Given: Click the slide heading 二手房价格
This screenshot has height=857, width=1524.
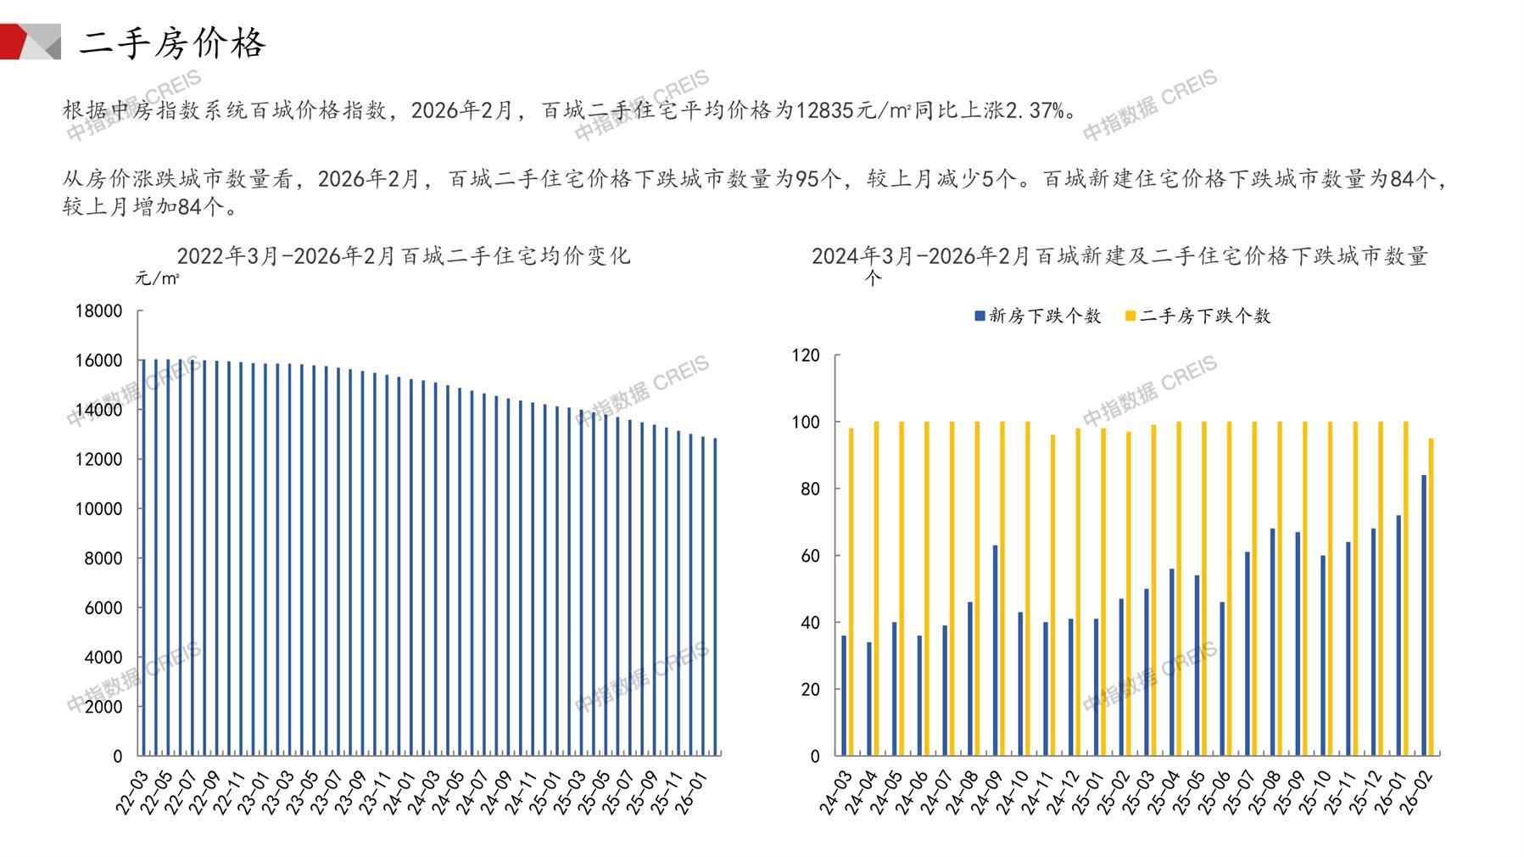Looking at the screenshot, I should (172, 42).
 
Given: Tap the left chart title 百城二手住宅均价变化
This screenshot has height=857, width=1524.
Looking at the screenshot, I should (404, 255).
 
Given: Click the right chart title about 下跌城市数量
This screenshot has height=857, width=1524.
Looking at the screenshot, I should (1119, 255).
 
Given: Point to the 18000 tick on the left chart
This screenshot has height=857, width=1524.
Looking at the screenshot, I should (98, 311).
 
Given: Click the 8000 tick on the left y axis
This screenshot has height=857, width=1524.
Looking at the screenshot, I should (103, 558).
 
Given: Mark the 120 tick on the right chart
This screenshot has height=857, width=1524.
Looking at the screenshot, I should (806, 356).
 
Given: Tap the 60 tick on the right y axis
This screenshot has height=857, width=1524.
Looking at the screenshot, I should (810, 556).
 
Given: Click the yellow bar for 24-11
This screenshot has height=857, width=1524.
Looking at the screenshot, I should (1053, 595).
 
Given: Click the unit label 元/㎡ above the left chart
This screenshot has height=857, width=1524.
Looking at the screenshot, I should (157, 278).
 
